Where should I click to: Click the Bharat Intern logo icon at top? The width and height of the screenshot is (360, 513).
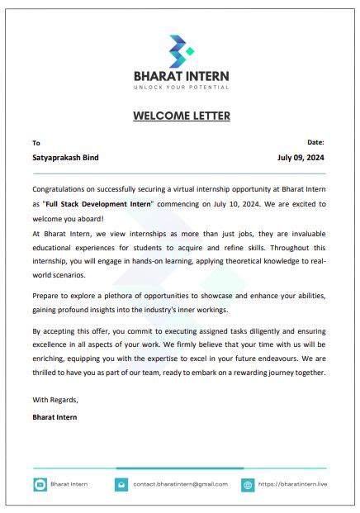[x=181, y=51]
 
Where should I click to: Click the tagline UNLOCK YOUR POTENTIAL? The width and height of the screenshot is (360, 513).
[x=181, y=87]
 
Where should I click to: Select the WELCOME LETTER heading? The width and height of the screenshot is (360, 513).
[x=181, y=116]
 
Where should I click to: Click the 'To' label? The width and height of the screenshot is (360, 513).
[x=36, y=143]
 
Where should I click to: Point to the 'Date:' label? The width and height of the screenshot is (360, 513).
[x=315, y=142]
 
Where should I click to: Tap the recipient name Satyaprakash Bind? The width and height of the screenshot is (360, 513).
[x=66, y=157]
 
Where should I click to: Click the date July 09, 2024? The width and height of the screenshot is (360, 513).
[x=301, y=157]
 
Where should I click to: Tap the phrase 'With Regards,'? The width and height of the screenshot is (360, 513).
[x=55, y=400]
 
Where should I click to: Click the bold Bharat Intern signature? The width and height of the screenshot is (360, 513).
[x=55, y=417]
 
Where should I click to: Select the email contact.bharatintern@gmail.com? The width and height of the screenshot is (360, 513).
[x=181, y=485]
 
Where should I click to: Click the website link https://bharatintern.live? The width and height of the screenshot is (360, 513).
[x=291, y=485]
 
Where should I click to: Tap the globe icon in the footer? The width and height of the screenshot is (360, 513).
[x=247, y=486]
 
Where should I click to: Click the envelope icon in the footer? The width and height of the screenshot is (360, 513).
[x=121, y=486]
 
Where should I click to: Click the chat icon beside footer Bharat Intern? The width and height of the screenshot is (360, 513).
[x=40, y=486]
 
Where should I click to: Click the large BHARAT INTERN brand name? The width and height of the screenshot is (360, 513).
[x=181, y=76]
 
